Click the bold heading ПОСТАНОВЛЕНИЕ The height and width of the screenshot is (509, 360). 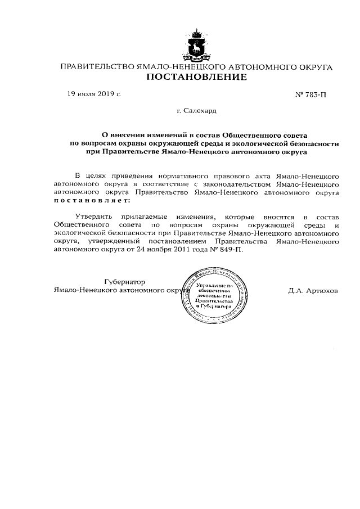coord(197,78)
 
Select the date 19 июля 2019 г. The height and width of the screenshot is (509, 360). coord(94,94)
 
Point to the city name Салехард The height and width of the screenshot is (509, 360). coord(196,112)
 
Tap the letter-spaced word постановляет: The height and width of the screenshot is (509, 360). coord(91,200)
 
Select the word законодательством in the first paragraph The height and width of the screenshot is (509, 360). coord(234,183)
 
